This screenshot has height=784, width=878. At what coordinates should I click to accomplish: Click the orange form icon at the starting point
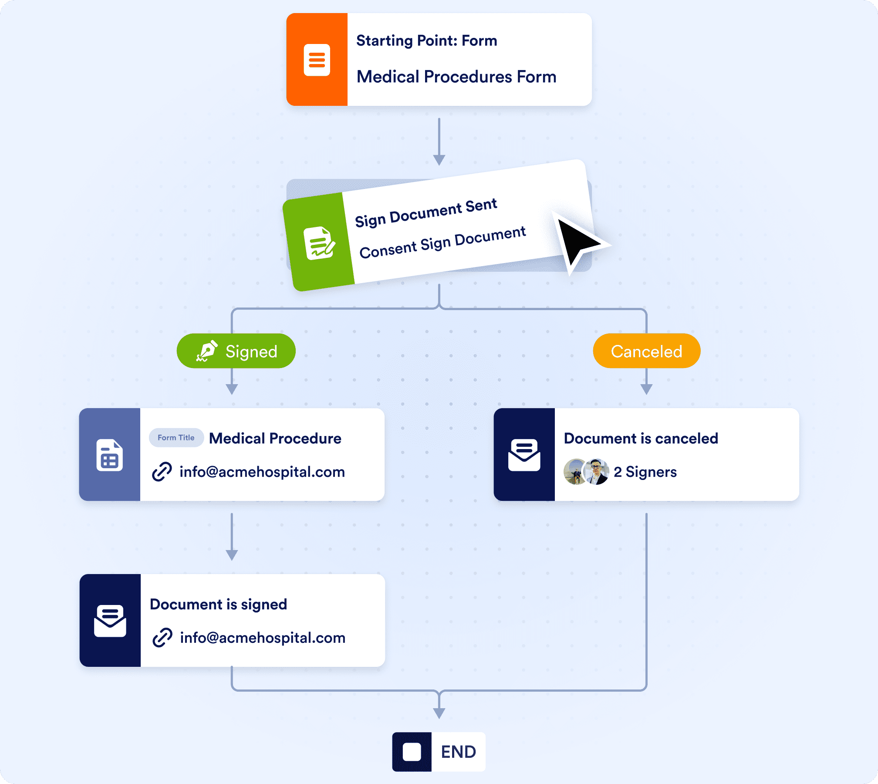(x=317, y=60)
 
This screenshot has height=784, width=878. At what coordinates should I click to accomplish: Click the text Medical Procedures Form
(x=456, y=77)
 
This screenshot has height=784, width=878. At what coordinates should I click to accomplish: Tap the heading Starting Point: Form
(x=426, y=41)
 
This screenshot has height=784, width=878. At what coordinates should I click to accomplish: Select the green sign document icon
(x=319, y=243)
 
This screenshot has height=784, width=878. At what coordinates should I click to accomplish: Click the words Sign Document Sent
(x=425, y=213)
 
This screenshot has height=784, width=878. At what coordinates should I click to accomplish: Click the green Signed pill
(x=236, y=351)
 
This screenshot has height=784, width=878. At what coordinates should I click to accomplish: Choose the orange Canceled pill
(x=646, y=351)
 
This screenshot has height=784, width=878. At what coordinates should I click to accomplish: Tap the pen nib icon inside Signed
(x=207, y=351)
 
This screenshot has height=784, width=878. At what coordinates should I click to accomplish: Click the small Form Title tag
(x=176, y=438)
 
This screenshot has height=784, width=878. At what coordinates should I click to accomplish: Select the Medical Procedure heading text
(x=275, y=438)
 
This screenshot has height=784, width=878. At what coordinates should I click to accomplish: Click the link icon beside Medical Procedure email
(x=162, y=472)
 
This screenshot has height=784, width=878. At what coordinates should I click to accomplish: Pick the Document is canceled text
(x=641, y=438)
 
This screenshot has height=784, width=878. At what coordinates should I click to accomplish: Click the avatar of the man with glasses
(x=596, y=472)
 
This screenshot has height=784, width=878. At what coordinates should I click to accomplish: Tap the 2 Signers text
(x=645, y=472)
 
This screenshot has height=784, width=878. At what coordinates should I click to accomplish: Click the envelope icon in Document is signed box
(x=110, y=621)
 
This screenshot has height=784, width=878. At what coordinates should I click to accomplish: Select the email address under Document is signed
(x=263, y=638)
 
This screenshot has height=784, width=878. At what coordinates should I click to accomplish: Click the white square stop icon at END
(x=412, y=752)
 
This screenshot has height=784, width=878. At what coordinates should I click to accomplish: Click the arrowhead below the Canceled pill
(x=646, y=389)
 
